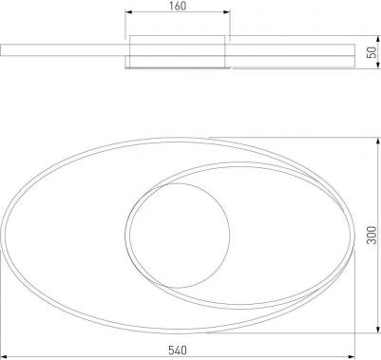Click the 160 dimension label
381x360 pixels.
tap(178, 6)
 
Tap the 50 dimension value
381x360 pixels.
tap(372, 52)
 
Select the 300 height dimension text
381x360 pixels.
tap(372, 235)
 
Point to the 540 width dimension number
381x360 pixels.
tap(178, 351)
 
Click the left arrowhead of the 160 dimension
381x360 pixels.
tap(128, 12)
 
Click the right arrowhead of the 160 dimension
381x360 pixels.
tap(227, 12)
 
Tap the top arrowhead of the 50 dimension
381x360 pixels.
tap(378, 39)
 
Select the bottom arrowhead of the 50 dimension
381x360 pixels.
tap(378, 65)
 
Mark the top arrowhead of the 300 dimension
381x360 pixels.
tap(378, 141)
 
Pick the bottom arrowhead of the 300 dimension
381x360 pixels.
tap(378, 330)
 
